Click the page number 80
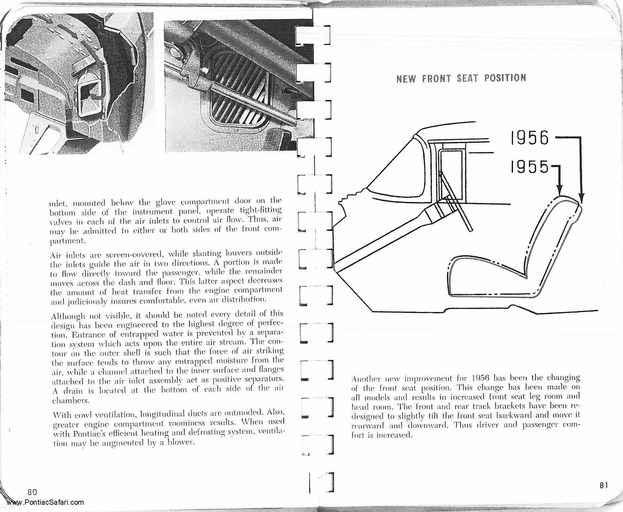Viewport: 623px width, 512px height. click(x=32, y=492)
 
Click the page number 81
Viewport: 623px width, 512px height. click(x=603, y=485)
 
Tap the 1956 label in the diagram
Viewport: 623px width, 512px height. click(x=530, y=138)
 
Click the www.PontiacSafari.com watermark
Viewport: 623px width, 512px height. click(x=45, y=502)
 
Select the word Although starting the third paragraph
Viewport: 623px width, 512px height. click(x=68, y=316)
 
